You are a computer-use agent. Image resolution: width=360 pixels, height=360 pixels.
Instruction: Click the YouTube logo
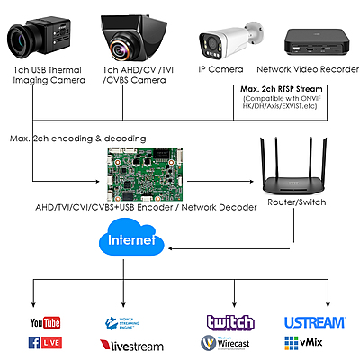[45, 322]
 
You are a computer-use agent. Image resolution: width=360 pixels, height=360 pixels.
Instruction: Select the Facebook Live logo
[45, 343]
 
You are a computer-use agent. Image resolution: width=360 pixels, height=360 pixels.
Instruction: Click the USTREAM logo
[315, 322]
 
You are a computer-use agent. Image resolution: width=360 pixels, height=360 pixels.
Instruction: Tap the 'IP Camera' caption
[221, 69]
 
